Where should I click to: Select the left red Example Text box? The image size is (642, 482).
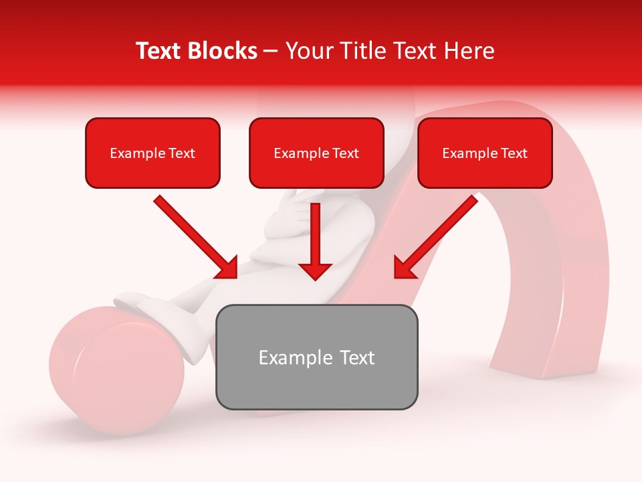(152, 153)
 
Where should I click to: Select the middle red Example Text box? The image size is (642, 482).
(316, 153)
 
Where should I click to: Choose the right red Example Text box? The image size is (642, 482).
(485, 153)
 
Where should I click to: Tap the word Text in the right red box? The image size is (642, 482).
(514, 153)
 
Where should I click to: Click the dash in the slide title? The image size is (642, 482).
(271, 51)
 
